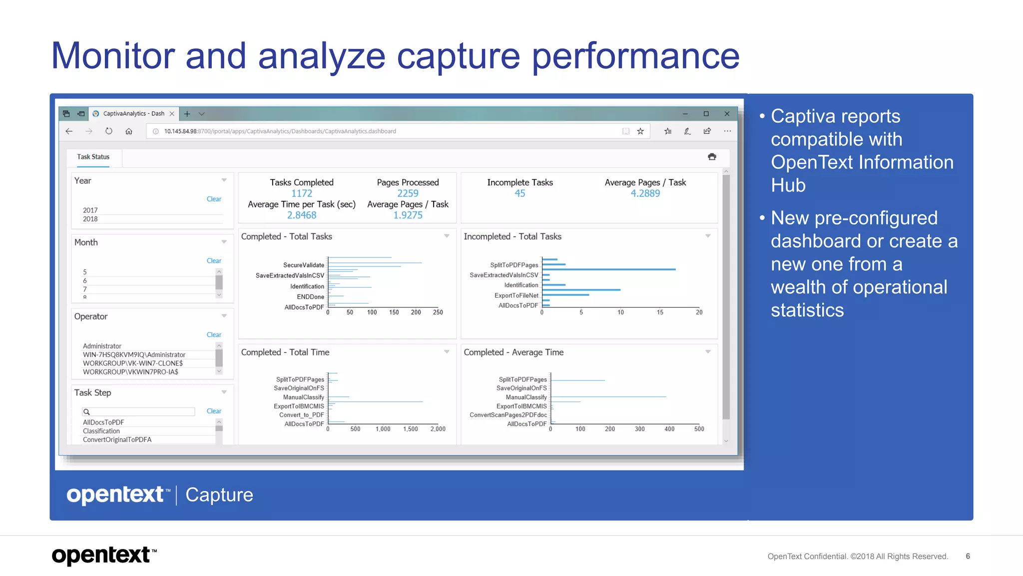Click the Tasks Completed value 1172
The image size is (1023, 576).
302,193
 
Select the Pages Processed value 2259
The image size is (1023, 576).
408,193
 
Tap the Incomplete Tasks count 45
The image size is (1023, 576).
520,193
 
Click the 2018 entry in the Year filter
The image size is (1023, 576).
90,219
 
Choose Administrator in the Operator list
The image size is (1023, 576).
102,346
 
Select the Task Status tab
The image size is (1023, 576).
93,157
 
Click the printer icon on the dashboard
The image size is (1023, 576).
712,157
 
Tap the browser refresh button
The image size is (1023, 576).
109,131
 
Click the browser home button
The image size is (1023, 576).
129,131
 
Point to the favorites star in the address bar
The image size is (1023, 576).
640,131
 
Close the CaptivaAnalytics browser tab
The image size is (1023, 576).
172,114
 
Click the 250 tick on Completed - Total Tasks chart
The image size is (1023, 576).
438,312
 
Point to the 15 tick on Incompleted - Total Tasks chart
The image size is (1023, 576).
660,312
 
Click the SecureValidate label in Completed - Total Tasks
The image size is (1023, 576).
304,265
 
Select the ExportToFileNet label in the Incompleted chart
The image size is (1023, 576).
516,295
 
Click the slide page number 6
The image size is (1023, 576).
968,556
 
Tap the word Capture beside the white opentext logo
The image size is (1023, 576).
219,495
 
